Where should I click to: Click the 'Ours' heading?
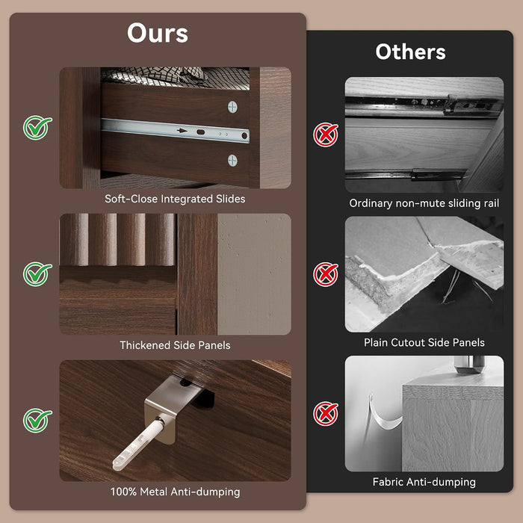[x=158, y=33]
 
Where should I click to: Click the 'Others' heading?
[x=410, y=52]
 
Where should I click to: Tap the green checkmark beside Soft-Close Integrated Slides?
[x=37, y=128]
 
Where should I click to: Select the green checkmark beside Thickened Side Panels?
[x=37, y=274]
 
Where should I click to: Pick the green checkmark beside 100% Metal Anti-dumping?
[x=37, y=421]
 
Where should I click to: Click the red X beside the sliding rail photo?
[x=326, y=134]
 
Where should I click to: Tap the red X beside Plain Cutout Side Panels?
[x=326, y=274]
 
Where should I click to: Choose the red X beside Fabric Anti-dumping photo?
[x=326, y=414]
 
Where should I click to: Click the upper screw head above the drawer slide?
[x=232, y=107]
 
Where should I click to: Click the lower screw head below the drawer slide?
[x=232, y=161]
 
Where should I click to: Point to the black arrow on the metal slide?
[x=182, y=131]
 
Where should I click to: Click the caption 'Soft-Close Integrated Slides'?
[x=175, y=199]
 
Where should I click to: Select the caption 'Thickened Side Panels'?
[x=175, y=345]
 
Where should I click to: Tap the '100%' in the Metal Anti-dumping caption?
[x=123, y=492]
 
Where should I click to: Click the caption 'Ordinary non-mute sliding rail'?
[x=424, y=203]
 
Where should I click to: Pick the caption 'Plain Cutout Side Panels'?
[x=424, y=342]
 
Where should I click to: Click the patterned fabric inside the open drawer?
[x=175, y=78]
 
